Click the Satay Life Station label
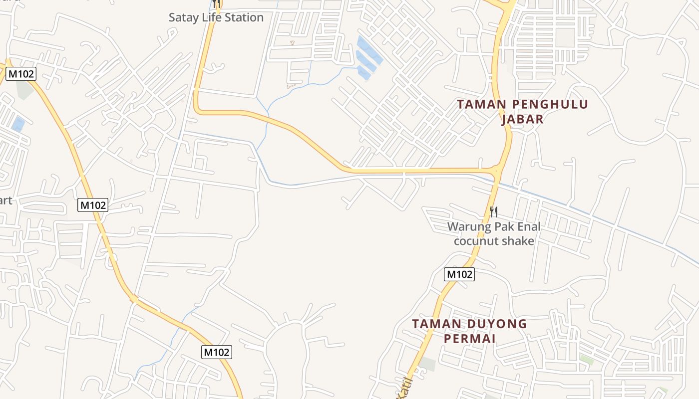point(216,17)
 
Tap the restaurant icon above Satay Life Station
point(216,3)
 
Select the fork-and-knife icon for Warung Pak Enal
point(493,212)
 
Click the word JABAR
point(522,119)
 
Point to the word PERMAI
point(469,339)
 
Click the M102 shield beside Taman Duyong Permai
point(459,274)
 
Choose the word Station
point(244,17)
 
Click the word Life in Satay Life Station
point(211,17)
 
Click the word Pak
point(504,226)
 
